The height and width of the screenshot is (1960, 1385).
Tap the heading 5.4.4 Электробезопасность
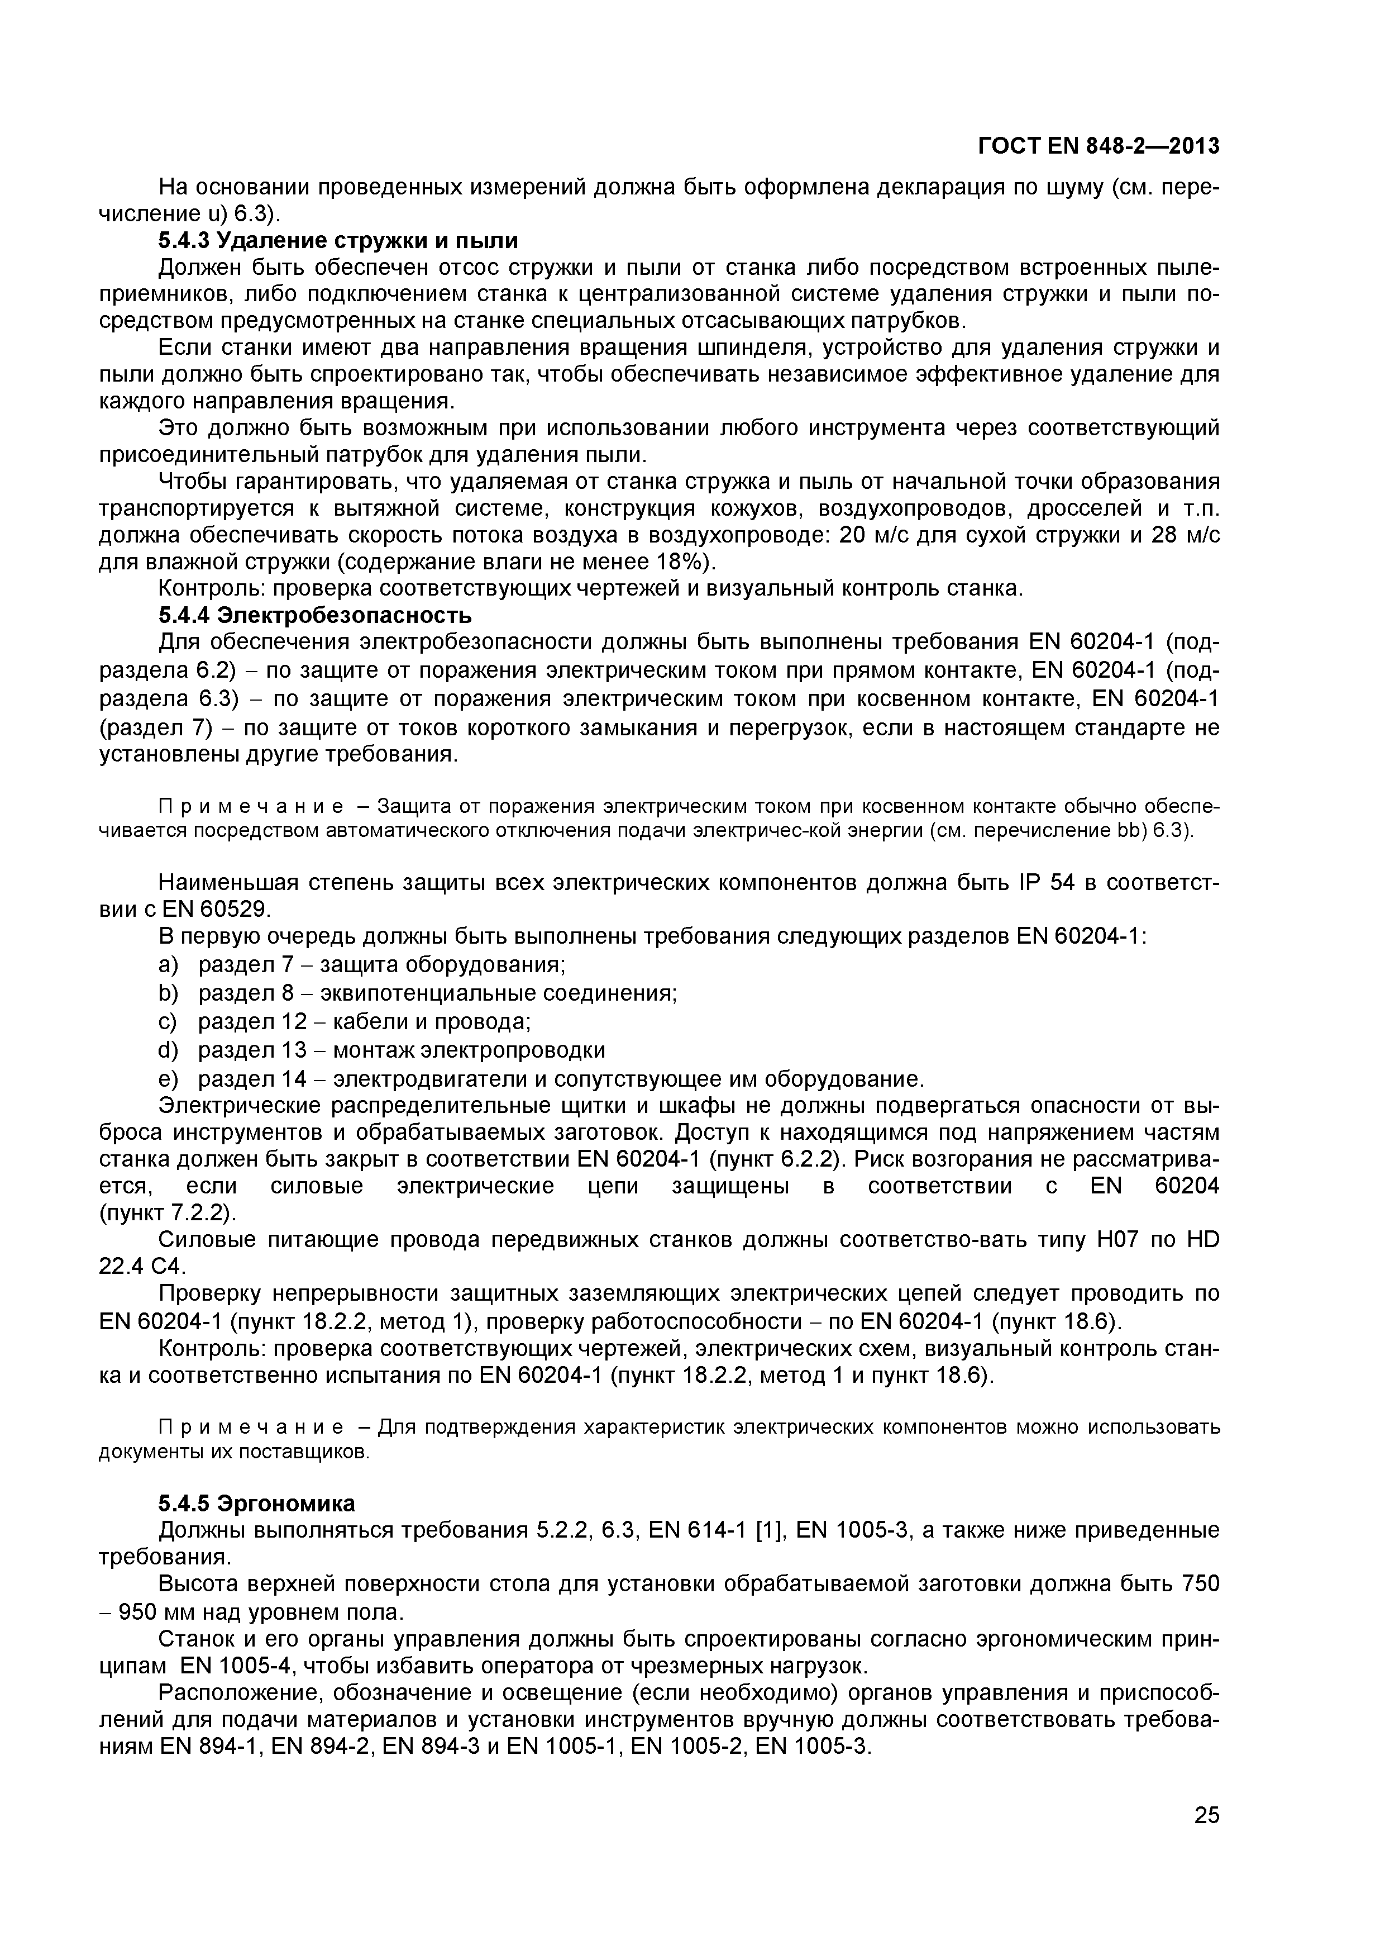tap(315, 615)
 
